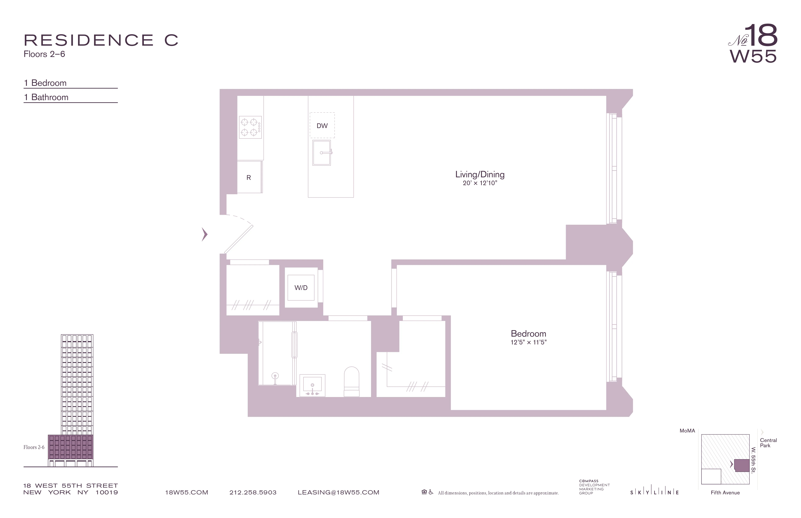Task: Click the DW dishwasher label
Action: click(322, 126)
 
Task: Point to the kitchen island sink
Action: click(321, 153)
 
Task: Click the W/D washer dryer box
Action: click(301, 288)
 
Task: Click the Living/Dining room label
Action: click(480, 174)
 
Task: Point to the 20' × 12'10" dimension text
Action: click(480, 183)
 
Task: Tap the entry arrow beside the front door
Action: click(204, 234)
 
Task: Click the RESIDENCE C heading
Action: click(101, 40)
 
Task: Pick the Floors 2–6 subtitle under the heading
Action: click(44, 54)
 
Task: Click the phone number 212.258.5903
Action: click(253, 492)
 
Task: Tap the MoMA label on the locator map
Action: click(687, 431)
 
